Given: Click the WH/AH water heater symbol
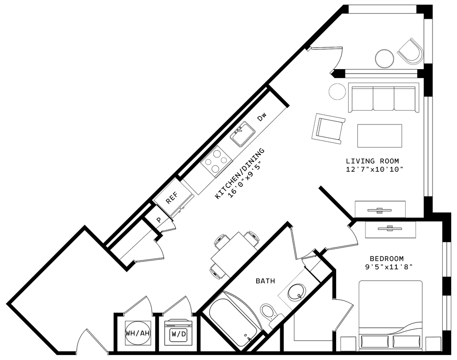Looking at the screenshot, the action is [138, 333].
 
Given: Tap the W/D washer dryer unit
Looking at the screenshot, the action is [179, 333].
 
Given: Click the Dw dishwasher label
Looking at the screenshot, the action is [262, 117].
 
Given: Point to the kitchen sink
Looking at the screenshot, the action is [243, 134].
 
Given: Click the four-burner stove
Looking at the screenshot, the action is [216, 161].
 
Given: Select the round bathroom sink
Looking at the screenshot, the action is [297, 292].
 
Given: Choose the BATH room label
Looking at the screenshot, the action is [265, 281].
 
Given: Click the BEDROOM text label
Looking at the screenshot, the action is [387, 258].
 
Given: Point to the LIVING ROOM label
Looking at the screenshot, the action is [372, 161].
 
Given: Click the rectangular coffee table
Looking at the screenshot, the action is [380, 136].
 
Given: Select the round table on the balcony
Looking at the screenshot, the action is [385, 58].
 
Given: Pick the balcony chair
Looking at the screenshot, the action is [410, 52].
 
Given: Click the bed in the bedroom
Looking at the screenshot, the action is [391, 315].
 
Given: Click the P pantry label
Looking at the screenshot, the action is [159, 220].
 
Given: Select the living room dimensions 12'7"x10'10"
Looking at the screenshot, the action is [375, 169].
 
